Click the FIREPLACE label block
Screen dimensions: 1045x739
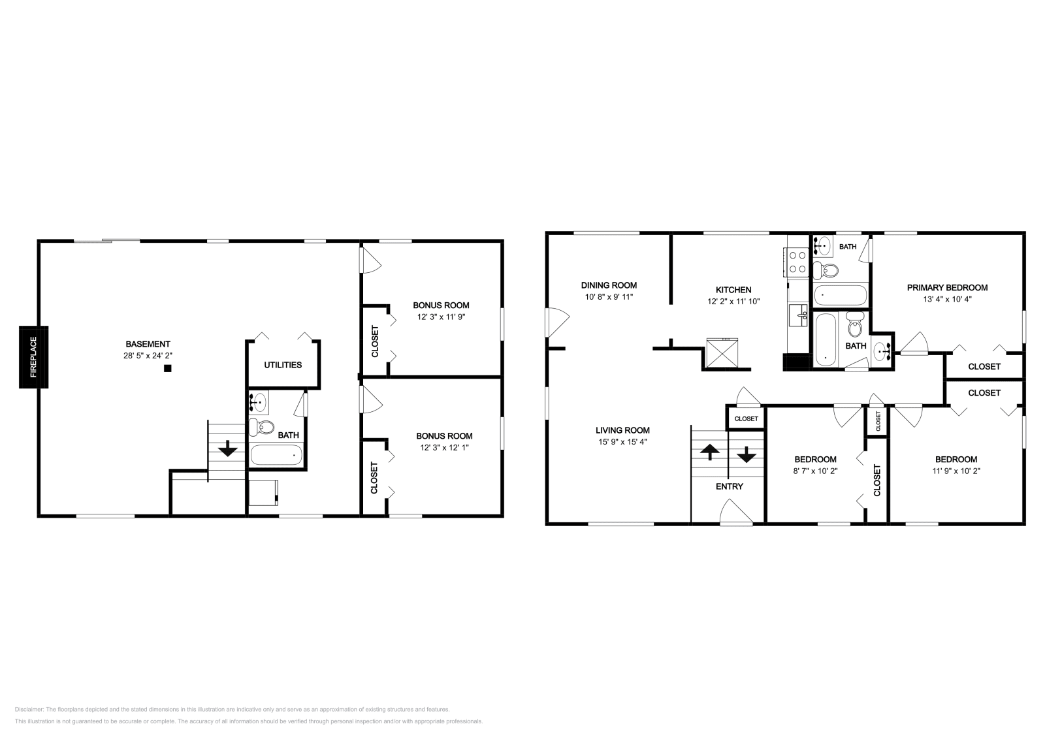click(33, 357)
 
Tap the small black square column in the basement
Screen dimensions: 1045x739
click(168, 368)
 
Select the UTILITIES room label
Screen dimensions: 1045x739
click(283, 365)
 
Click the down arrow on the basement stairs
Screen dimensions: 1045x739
click(228, 448)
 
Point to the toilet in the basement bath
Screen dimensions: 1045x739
click(261, 426)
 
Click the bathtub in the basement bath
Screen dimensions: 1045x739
click(277, 455)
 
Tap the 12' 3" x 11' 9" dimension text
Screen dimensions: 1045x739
click(441, 317)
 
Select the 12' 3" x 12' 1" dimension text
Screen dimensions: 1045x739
click(444, 448)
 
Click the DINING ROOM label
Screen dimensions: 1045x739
click(609, 285)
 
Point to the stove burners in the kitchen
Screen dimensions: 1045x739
click(797, 262)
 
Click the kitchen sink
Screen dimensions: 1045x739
click(798, 315)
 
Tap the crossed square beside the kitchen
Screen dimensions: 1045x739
click(722, 353)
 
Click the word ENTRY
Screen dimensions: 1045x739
click(729, 487)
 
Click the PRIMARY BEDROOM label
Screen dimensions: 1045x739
click(947, 288)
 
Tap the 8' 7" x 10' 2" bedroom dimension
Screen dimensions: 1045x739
click(815, 471)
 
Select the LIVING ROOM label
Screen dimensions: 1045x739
click(622, 430)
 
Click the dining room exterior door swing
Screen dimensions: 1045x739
click(557, 322)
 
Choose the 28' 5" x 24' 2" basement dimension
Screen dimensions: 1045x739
click(148, 356)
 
